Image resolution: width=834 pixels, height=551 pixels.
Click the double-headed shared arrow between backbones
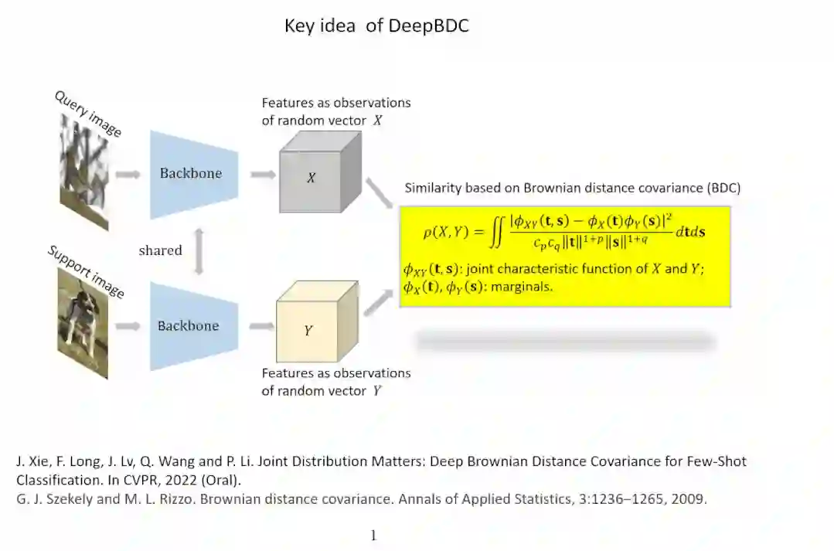[x=199, y=250]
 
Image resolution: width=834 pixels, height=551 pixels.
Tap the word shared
[x=160, y=250]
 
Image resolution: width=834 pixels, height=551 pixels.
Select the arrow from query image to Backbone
[x=127, y=175]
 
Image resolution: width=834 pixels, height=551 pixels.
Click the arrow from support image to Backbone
[x=127, y=326]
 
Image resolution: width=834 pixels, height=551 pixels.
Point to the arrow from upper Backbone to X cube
[x=263, y=175]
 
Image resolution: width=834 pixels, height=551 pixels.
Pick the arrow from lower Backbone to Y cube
[x=261, y=326]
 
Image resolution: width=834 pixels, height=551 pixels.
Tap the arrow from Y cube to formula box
[x=379, y=301]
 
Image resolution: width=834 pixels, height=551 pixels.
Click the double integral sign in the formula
[x=498, y=232]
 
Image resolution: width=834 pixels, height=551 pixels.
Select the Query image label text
[x=87, y=114]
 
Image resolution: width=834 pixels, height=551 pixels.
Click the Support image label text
[x=85, y=271]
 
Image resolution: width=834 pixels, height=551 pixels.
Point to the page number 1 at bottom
[x=374, y=536]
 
